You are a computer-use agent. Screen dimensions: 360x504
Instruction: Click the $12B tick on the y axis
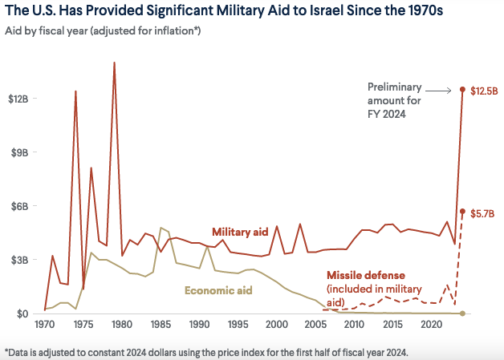click(18, 99)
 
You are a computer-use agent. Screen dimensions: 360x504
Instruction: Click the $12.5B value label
click(484, 90)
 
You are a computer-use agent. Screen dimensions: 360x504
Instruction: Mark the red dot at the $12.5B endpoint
click(462, 89)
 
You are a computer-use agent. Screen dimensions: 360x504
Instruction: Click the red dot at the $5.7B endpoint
click(462, 212)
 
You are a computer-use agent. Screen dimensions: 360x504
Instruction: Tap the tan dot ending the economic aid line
click(462, 313)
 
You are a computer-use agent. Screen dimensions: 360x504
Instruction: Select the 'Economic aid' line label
click(218, 289)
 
